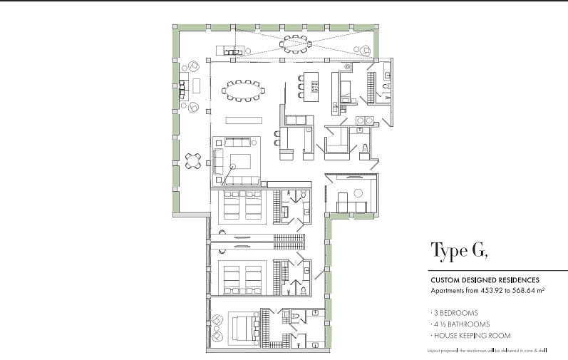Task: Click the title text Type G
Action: pos(460,251)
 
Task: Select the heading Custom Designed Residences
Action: pos(485,280)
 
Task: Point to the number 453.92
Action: pos(492,290)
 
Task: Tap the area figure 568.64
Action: pos(523,290)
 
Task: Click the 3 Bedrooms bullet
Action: pos(455,313)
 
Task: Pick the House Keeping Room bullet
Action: pos(471,336)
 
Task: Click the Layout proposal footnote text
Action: pos(487,350)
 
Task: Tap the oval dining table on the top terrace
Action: pos(296,44)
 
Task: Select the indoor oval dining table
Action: pos(244,91)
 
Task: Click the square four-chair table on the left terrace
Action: pos(193,161)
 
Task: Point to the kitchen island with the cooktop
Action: pos(311,86)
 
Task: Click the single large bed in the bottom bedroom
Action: pos(244,328)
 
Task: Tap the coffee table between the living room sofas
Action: pos(241,162)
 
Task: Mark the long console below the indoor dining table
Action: pos(244,120)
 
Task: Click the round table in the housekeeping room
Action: pos(358,193)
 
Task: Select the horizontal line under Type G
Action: pos(498,270)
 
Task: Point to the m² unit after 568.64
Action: pos(540,290)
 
